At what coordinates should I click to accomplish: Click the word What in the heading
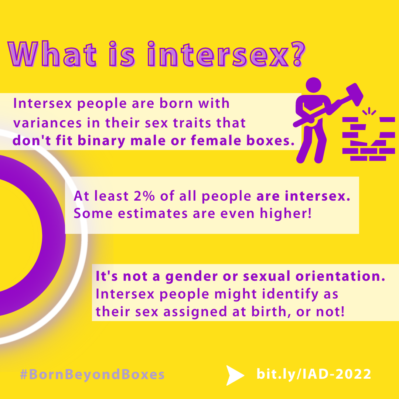[52, 54]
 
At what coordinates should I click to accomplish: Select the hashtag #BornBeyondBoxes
[92, 375]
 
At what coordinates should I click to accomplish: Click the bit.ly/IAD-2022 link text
[314, 374]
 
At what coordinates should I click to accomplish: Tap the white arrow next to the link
[235, 375]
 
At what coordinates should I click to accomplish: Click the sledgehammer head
[355, 94]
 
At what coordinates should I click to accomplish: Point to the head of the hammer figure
[313, 85]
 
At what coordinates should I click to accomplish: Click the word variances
[47, 123]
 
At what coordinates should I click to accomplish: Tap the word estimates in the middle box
[153, 214]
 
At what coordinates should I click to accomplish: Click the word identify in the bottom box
[290, 294]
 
